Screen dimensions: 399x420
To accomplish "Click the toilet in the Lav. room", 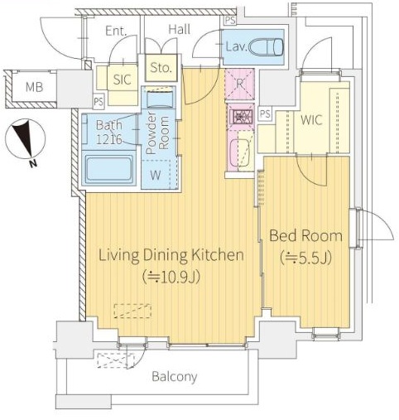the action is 266,47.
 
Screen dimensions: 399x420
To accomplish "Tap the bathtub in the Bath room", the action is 108,169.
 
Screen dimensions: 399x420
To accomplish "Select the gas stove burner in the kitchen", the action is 240,117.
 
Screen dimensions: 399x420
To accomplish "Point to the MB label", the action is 34,87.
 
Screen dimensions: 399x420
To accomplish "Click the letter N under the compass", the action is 33,164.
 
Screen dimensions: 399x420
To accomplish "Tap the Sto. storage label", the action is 161,68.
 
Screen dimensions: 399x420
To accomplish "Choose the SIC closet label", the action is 123,80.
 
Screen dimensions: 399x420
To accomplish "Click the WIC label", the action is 311,120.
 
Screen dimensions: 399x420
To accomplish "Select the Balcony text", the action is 175,377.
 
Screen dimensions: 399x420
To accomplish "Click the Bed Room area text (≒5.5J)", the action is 305,258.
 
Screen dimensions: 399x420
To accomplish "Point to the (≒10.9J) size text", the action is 171,278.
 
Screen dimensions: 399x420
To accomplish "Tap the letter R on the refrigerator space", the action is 239,84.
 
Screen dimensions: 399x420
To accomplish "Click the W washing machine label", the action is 156,175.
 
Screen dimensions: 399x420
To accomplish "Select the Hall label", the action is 180,29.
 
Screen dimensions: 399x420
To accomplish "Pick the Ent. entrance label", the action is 116,31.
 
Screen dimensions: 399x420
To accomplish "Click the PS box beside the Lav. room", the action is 230,20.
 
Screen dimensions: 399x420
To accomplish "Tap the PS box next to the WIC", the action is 265,113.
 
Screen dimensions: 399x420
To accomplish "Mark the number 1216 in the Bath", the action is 108,139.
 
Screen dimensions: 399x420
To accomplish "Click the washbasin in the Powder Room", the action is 160,99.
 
